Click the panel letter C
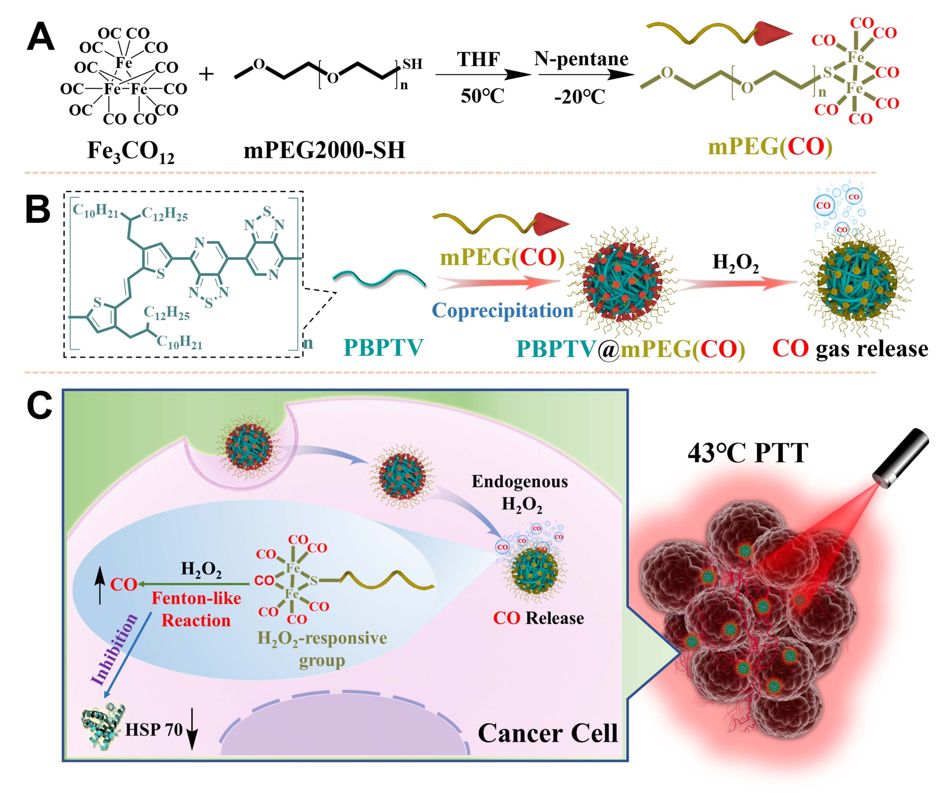click(x=40, y=405)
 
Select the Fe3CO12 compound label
click(x=130, y=152)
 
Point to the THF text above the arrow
click(x=478, y=59)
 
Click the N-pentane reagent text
click(x=581, y=59)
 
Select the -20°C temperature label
click(x=580, y=96)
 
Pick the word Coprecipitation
click(x=502, y=311)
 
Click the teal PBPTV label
click(x=383, y=347)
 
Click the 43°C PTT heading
click(x=748, y=453)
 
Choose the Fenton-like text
click(x=196, y=598)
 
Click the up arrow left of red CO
click(x=100, y=585)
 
